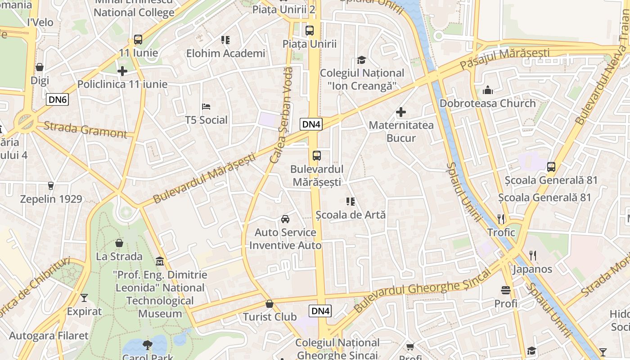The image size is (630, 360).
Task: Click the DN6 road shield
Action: pos(57,99)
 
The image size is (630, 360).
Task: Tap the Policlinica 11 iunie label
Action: pos(122,84)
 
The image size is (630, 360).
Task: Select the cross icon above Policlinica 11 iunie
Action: pos(122,71)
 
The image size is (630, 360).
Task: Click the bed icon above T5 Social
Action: pos(206,107)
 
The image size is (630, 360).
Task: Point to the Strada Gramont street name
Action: pos(85,129)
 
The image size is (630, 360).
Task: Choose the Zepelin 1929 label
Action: pos(51,199)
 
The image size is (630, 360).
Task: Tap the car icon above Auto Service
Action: pos(285,219)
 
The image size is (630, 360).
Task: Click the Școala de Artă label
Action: pos(351,215)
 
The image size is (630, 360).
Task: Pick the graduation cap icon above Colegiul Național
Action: pos(361,60)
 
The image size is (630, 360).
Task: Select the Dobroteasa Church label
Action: pos(488,103)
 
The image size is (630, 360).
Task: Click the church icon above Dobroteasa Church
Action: pos(488,90)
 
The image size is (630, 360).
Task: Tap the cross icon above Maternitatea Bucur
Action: pos(401,112)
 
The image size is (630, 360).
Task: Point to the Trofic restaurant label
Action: pos(501,232)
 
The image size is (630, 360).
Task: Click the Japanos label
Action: pos(532,269)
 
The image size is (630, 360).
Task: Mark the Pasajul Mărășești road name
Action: pos(504,58)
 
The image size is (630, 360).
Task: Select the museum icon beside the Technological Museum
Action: pos(159,261)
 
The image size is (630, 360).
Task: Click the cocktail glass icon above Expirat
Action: pos(84,298)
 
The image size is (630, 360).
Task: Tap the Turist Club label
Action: pos(270,317)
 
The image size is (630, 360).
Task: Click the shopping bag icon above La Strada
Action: pos(119,243)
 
